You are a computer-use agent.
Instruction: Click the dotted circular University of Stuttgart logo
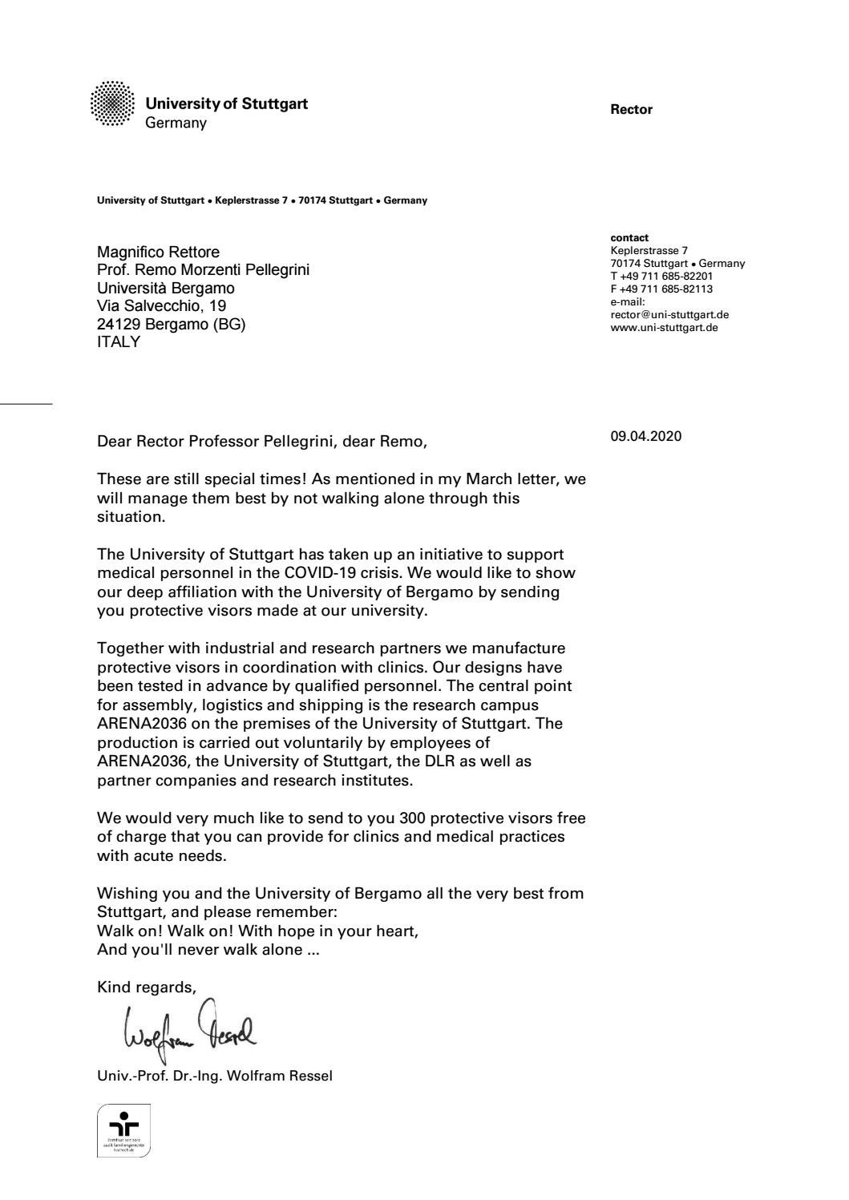click(113, 103)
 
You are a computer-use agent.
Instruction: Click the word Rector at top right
click(631, 110)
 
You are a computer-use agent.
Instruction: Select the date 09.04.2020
click(645, 437)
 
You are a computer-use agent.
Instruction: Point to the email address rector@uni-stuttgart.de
click(669, 315)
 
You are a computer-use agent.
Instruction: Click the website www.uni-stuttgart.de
click(664, 328)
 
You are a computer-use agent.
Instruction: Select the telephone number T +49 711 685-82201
click(661, 277)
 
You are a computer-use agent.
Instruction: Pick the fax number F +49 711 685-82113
click(661, 289)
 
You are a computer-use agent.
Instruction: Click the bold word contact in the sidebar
click(629, 238)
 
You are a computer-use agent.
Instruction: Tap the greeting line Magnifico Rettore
click(158, 253)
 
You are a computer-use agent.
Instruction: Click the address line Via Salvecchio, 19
click(161, 306)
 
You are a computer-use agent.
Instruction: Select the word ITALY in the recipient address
click(119, 342)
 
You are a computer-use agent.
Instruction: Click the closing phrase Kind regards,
click(147, 988)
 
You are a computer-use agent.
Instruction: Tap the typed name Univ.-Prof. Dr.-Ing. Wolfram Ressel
click(214, 1076)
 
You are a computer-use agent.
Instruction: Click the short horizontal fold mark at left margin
click(26, 404)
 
